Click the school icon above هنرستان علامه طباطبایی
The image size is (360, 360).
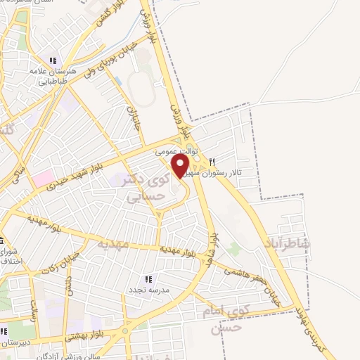(53, 60)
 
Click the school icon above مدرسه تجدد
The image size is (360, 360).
(148, 278)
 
